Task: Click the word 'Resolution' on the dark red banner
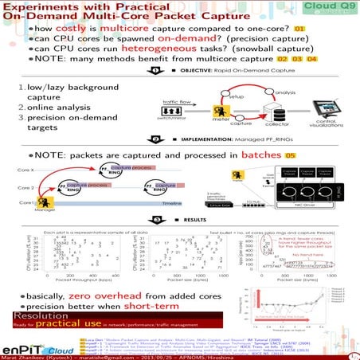point(35,315)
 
